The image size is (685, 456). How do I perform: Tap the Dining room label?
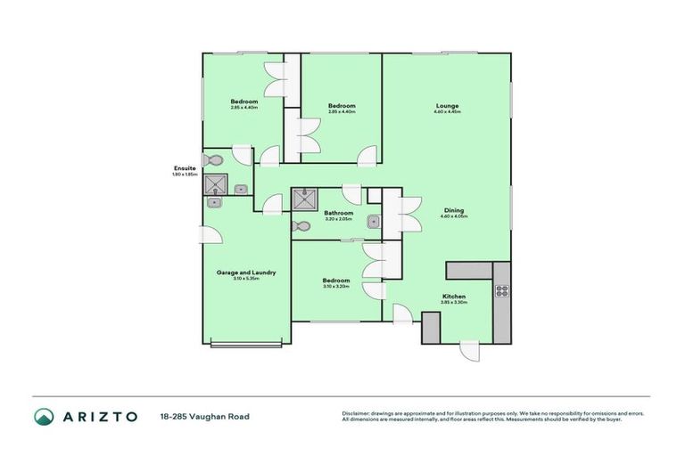(x=453, y=211)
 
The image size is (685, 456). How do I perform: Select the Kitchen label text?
(x=454, y=296)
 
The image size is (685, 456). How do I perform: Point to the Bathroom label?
(x=338, y=213)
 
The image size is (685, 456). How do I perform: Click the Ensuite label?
(x=185, y=168)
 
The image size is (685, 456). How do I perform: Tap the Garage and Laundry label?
(x=246, y=273)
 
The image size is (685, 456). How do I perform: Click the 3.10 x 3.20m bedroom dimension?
(x=336, y=287)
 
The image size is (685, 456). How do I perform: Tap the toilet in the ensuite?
(x=211, y=161)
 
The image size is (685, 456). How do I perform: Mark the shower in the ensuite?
(x=215, y=185)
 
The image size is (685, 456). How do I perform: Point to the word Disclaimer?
(x=358, y=413)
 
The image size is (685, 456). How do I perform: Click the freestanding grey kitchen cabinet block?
(x=431, y=327)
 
